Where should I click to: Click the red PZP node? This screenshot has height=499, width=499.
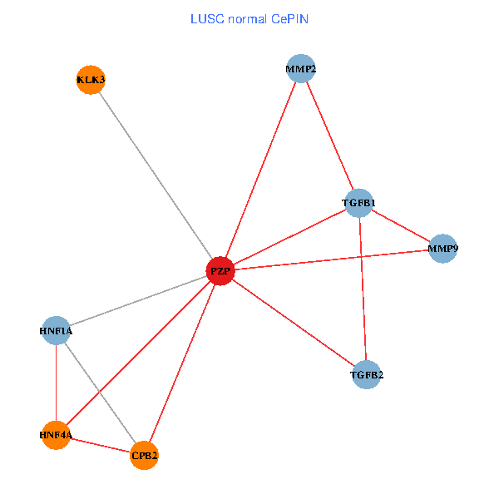(x=220, y=271)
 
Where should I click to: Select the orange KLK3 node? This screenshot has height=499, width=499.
(x=90, y=80)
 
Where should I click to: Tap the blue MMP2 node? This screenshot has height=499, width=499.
(x=300, y=69)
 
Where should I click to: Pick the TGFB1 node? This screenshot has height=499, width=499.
(x=359, y=203)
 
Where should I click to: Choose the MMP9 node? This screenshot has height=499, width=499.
(x=443, y=249)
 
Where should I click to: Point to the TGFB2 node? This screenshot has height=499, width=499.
(x=367, y=375)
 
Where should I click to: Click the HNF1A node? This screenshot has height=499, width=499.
(x=56, y=331)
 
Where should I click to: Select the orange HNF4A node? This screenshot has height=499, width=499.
(x=56, y=435)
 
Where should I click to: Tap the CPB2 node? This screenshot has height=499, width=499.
(x=144, y=455)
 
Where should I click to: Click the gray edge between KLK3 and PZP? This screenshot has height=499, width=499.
(x=155, y=175)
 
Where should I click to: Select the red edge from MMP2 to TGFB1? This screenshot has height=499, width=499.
(x=329, y=136)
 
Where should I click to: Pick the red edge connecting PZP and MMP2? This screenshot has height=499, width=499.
(x=259, y=170)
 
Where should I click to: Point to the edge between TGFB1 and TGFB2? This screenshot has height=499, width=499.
(x=363, y=289)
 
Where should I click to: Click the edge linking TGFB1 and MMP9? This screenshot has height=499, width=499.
(x=401, y=225)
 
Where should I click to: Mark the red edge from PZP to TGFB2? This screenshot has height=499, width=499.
(x=293, y=323)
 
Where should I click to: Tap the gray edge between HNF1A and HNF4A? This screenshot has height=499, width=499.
(x=56, y=383)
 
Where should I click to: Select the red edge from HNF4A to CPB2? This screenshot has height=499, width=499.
(x=100, y=445)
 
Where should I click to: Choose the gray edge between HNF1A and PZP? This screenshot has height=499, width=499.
(x=137, y=301)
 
